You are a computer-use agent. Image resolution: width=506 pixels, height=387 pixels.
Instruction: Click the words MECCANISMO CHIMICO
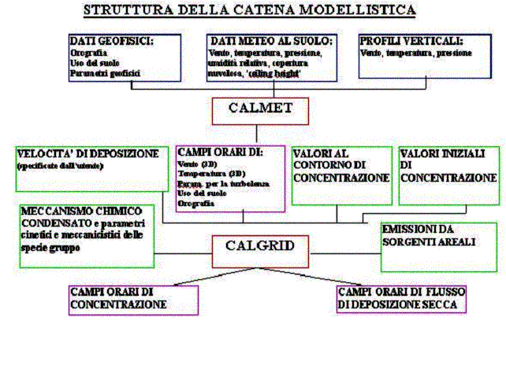[x=82, y=212]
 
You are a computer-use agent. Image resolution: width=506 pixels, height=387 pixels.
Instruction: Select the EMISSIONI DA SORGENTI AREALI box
[x=438, y=235]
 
